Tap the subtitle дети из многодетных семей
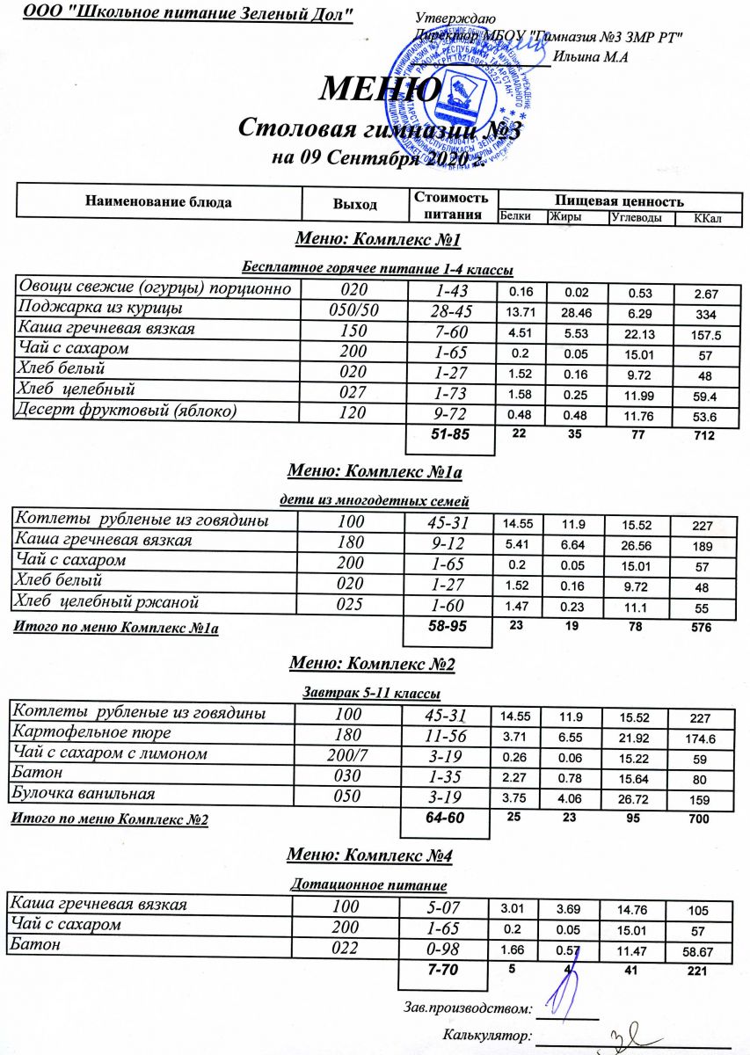[x=374, y=501]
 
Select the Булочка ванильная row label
[x=86, y=794]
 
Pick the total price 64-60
[x=444, y=819]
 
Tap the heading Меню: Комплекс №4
[x=370, y=855]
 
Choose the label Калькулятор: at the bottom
[x=488, y=1035]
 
